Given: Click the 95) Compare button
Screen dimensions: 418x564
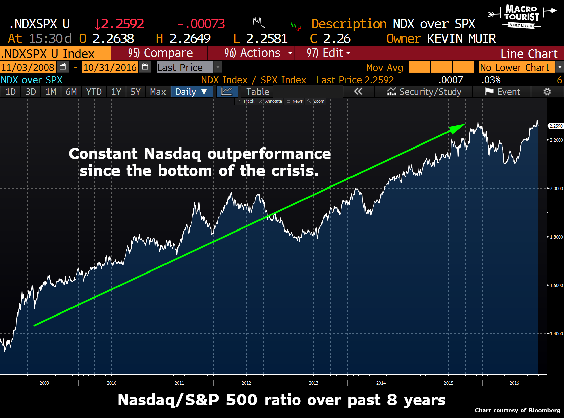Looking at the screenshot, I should (160, 53).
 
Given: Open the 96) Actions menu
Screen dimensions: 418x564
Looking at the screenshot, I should (252, 53).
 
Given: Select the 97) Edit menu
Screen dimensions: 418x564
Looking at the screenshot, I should (324, 53).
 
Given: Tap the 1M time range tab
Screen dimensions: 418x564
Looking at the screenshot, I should (51, 92).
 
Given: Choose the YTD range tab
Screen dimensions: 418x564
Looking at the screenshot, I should (94, 92).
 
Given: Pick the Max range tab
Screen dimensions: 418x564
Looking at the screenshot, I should (158, 92).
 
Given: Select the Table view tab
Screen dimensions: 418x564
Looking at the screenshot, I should (257, 92).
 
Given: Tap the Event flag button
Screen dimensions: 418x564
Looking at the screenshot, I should (502, 92).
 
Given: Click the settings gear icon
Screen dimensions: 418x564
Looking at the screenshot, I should (547, 92).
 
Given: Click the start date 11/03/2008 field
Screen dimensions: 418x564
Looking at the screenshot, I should (28, 68).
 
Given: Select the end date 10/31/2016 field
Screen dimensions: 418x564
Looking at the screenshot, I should (110, 68).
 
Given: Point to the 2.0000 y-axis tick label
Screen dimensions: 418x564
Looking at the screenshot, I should (556, 189).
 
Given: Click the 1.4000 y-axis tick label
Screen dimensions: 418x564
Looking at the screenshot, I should (556, 334).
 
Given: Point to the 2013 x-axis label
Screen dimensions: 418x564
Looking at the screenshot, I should (313, 383).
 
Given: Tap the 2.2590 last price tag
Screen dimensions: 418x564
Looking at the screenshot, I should (556, 126).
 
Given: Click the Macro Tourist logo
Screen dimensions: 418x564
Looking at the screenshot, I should (521, 16).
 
